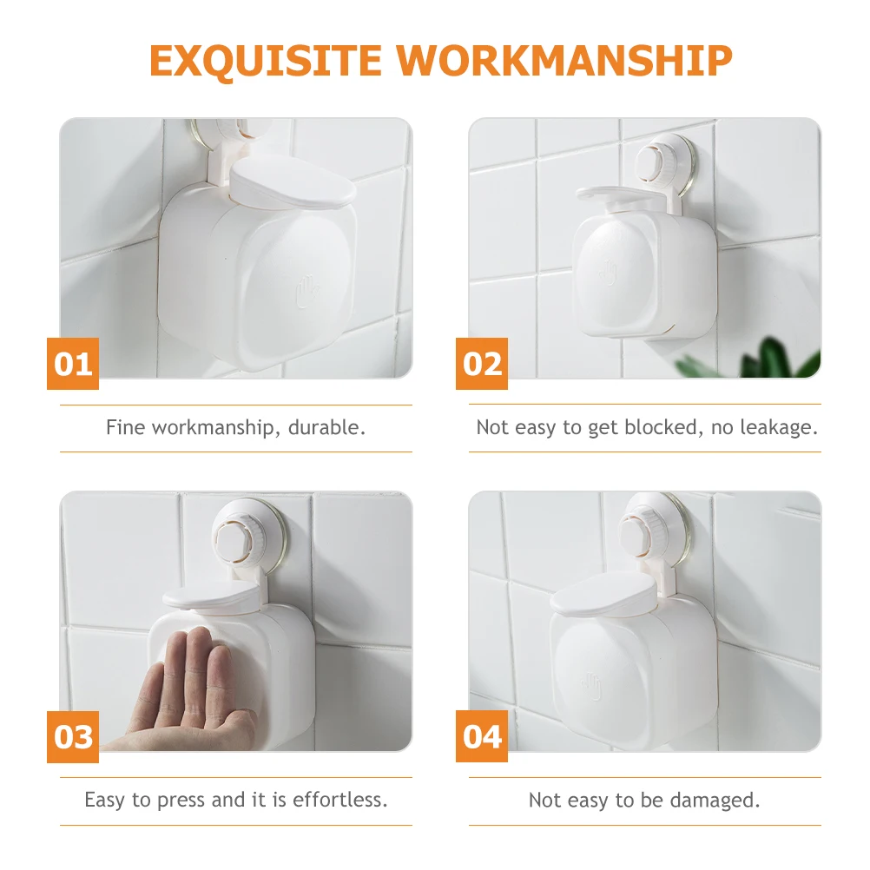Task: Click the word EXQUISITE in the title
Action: pos(266,60)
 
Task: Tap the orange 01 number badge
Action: pos(73,364)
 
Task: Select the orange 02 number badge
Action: pos(482,364)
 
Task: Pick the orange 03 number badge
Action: pos(73,737)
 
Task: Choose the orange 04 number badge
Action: pos(482,737)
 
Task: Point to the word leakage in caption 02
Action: pos(777,427)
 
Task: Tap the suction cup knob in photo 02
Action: pos(658,161)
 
